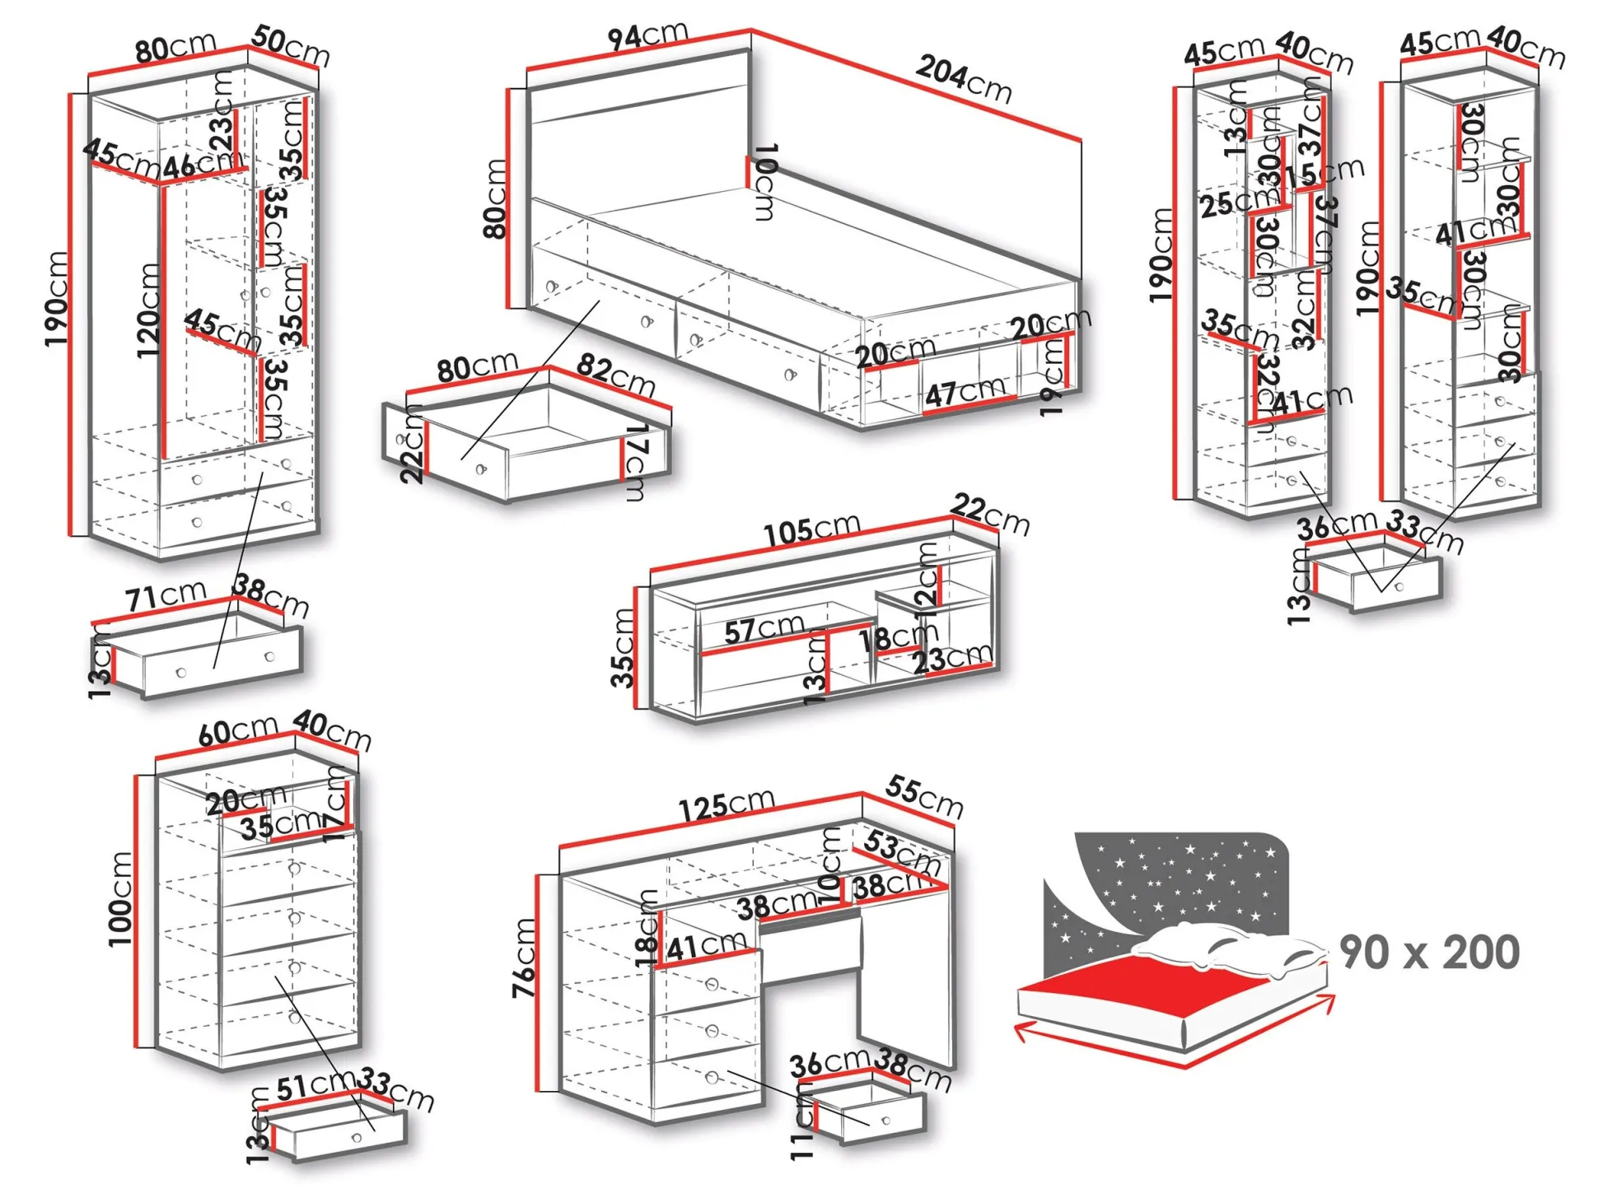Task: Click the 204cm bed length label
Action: [x=964, y=79]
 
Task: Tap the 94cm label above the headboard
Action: [x=647, y=35]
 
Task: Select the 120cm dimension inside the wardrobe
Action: [x=148, y=310]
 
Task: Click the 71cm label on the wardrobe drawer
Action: [x=166, y=595]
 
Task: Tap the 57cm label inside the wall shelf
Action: [x=764, y=630]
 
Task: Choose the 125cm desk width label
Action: [x=727, y=804]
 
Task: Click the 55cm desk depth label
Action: [x=924, y=795]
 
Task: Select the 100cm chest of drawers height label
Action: [x=120, y=898]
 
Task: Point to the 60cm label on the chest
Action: [x=237, y=730]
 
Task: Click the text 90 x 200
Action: [x=1429, y=952]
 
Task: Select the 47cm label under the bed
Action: [x=965, y=391]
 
